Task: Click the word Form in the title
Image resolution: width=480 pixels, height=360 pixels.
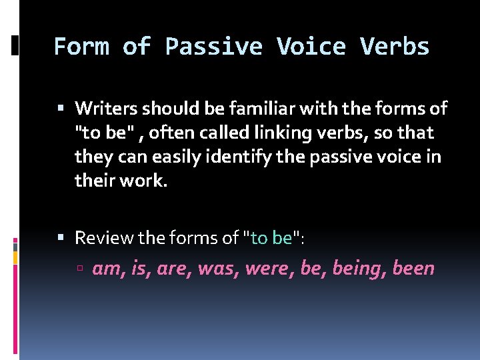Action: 81,47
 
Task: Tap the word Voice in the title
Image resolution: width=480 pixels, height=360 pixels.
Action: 311,47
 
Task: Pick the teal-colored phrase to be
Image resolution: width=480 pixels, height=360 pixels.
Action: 271,237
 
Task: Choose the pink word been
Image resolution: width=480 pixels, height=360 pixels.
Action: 413,269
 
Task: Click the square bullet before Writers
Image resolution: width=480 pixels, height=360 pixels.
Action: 61,108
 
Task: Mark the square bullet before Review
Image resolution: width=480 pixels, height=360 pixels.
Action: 61,238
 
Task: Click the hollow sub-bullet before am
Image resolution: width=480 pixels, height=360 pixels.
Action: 80,269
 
